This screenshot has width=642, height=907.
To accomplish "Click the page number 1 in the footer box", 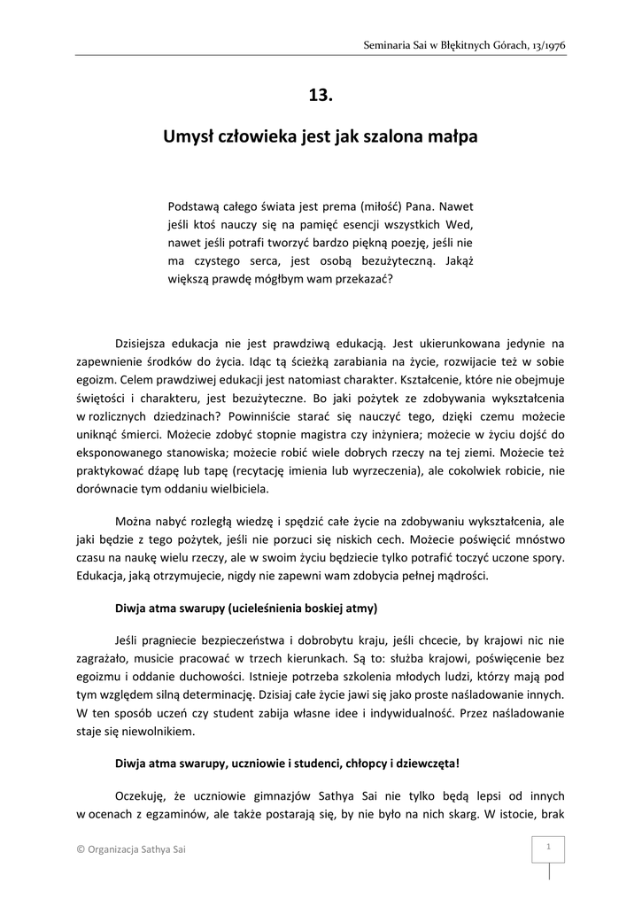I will point(549,847).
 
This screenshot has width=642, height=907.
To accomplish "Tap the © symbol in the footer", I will point(81,850).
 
